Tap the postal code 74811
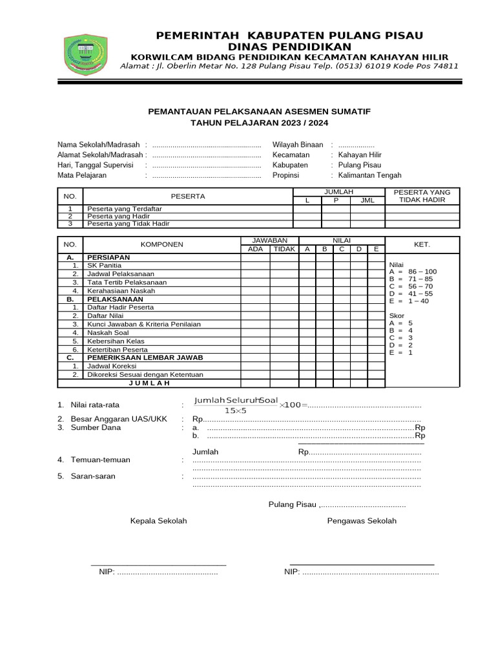444,65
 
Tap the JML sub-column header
367,200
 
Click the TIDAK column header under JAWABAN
284,249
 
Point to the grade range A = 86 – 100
413,272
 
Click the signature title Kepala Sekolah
158,520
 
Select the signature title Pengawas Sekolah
362,520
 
